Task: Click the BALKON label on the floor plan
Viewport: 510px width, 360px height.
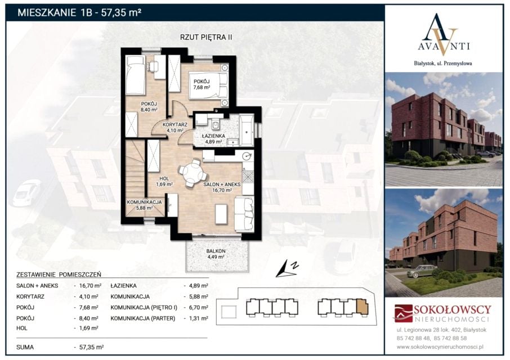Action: click(x=216, y=251)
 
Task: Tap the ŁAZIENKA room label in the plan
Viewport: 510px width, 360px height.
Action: click(x=213, y=136)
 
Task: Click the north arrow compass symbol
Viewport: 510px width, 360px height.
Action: click(x=287, y=269)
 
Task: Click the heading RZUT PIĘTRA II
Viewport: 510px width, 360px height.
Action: click(x=206, y=37)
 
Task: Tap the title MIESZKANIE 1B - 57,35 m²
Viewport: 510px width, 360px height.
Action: click(x=79, y=13)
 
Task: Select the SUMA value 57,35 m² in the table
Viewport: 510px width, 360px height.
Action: click(x=91, y=347)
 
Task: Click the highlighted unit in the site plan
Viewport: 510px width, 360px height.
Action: click(x=362, y=307)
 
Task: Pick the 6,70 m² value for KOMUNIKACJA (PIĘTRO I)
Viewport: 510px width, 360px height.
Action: click(x=198, y=307)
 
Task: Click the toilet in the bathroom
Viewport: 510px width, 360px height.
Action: click(x=215, y=124)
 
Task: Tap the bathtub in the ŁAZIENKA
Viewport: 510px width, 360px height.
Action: click(x=247, y=130)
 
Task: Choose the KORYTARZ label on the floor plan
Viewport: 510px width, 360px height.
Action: click(x=175, y=124)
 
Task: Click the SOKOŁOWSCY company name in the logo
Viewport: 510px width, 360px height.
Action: click(x=453, y=309)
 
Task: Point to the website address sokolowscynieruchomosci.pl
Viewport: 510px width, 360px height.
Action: click(x=440, y=347)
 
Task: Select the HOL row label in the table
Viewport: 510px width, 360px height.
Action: click(x=23, y=328)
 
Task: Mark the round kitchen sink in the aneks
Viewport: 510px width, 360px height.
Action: click(x=248, y=156)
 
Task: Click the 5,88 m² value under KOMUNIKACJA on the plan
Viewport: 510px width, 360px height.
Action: click(x=145, y=208)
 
